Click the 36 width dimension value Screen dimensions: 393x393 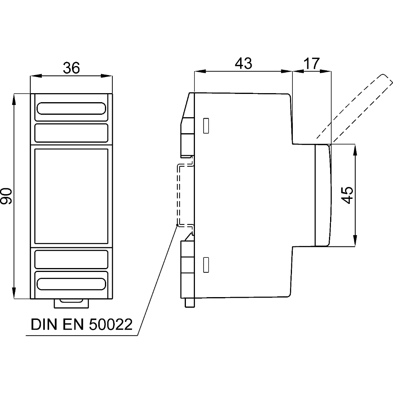[72, 68]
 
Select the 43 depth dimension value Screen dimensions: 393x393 [243, 63]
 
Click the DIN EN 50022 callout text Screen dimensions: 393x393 [81, 325]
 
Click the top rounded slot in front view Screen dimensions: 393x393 [71, 109]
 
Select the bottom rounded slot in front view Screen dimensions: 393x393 [71, 284]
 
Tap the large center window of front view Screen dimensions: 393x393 [71, 196]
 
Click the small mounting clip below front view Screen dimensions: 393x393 [71, 303]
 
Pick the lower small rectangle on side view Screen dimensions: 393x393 [206, 265]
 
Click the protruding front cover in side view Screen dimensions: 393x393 [322, 195]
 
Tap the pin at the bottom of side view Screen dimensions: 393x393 [190, 302]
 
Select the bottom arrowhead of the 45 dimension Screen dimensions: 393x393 [355, 242]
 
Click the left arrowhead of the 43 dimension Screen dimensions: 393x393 [199, 71]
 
